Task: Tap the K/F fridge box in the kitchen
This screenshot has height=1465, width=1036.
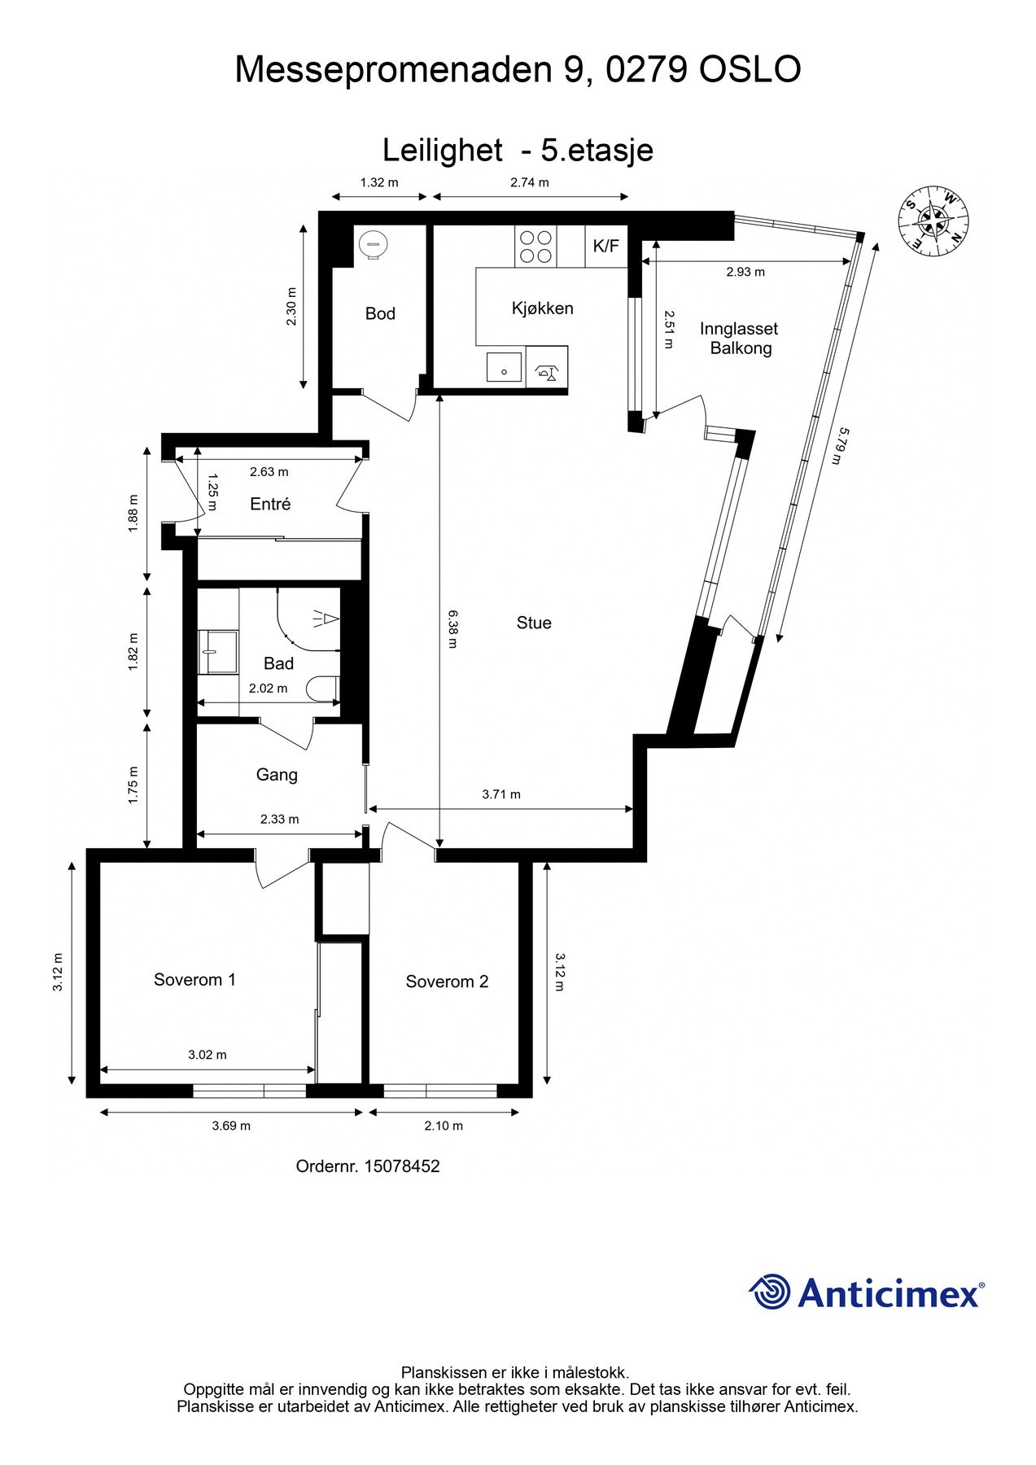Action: pos(605,246)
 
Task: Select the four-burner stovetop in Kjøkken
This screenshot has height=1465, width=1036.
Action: pos(535,247)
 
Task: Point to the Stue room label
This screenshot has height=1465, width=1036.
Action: pos(534,623)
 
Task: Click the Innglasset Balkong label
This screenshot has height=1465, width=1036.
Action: pos(739,339)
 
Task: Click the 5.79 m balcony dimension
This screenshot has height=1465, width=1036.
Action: pos(838,446)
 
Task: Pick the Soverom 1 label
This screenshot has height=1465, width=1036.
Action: pos(195,980)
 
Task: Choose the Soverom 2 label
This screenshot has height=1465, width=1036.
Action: pos(447,982)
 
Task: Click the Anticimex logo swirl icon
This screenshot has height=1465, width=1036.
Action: pos(770,1292)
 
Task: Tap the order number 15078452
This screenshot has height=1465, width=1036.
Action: pos(401,1166)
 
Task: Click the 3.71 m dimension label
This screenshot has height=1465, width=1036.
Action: pos(501,794)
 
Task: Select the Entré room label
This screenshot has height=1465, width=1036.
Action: pos(270,505)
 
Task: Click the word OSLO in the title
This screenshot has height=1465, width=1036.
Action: pos(750,70)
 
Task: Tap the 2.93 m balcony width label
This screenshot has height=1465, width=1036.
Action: pos(745,273)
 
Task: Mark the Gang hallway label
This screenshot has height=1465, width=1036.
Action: pos(277,775)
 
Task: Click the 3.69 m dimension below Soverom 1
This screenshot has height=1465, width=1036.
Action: pos(231,1126)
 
